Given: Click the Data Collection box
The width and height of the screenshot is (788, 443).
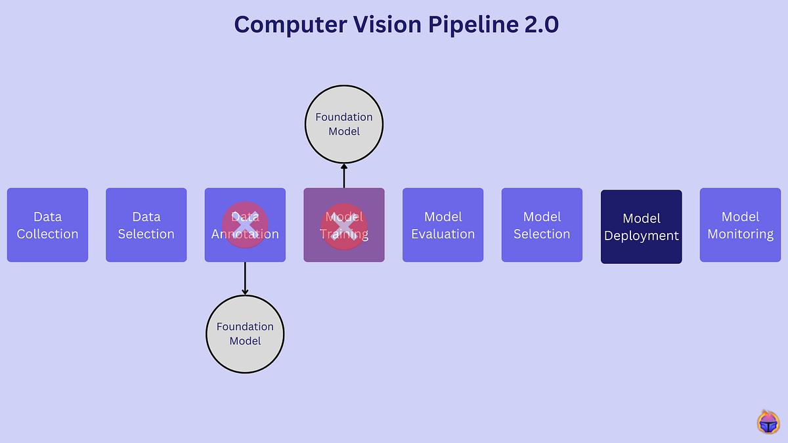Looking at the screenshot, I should (x=47, y=225).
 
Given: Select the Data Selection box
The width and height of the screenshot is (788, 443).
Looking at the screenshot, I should (x=146, y=225).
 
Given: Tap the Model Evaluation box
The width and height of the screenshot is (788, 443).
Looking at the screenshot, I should (x=443, y=225).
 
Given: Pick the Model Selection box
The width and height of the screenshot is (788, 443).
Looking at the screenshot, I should (x=542, y=225).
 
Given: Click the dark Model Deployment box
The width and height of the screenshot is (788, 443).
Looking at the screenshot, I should (x=642, y=227).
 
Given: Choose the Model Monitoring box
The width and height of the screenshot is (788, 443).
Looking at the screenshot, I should (x=740, y=225).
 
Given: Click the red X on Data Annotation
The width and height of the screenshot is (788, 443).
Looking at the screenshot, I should (x=244, y=225).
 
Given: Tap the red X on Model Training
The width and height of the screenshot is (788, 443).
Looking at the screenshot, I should (x=344, y=225).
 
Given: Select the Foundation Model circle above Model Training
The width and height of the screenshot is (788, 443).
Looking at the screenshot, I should (x=344, y=124).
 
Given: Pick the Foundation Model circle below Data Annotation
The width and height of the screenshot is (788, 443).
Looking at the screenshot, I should (x=245, y=333).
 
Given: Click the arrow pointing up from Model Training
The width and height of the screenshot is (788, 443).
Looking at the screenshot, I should (x=344, y=175).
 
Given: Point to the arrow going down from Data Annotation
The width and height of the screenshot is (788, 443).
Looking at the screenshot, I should (x=245, y=278).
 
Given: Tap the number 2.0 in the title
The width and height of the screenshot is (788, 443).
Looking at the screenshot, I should (x=536, y=25).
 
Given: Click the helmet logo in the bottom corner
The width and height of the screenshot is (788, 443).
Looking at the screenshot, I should (x=768, y=423).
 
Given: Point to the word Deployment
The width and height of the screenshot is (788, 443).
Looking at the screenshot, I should (x=642, y=236).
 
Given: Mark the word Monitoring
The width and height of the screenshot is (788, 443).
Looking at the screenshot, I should (x=740, y=234).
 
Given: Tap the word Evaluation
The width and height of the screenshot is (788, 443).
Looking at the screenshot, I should (x=443, y=234).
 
